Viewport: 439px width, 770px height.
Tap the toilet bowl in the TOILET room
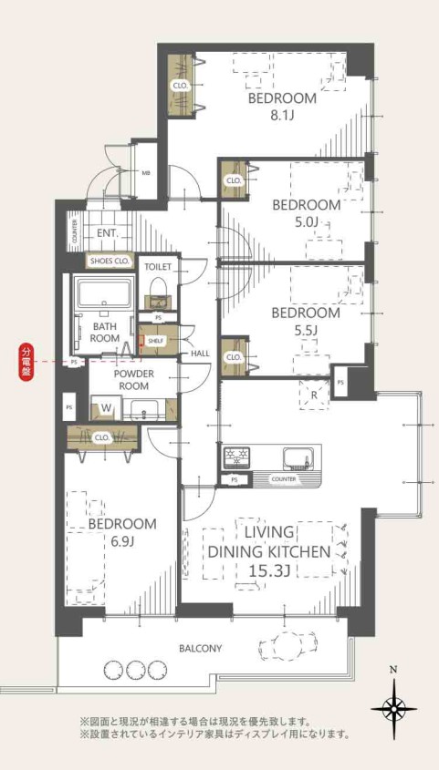point(158,289)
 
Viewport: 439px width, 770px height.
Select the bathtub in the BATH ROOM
point(103,293)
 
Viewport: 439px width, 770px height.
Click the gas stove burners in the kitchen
point(237,458)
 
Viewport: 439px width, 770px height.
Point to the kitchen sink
point(298,457)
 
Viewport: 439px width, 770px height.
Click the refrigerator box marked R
point(315,395)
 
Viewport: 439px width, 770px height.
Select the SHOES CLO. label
point(110,262)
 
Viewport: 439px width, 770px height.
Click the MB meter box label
point(146,173)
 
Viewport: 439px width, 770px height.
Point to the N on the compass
point(392,668)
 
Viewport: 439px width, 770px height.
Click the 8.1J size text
point(278,116)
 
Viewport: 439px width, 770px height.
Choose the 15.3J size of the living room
point(268,570)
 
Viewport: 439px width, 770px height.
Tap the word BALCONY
point(200,648)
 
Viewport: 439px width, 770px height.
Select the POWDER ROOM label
point(134,380)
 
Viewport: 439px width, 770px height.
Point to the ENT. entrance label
point(106,233)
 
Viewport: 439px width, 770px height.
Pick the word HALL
point(200,353)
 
